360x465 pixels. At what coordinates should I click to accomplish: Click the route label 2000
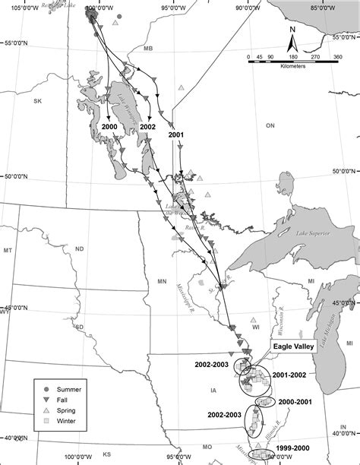click(x=109, y=127)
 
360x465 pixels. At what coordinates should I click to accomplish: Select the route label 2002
click(x=148, y=127)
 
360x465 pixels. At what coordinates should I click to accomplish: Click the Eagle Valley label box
click(x=292, y=346)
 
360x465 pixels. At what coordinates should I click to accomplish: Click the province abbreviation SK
click(x=36, y=100)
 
